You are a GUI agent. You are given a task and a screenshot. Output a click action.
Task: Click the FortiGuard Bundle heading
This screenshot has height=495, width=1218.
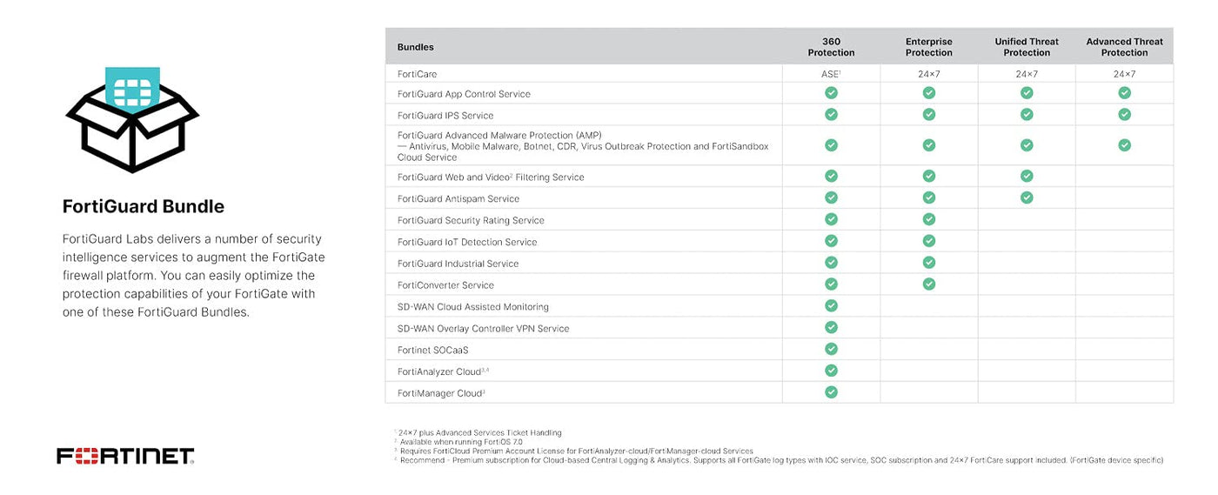tap(144, 207)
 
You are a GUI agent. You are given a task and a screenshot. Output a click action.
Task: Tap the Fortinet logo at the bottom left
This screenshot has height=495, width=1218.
tap(125, 456)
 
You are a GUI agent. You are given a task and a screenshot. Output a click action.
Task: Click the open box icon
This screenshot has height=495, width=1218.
tap(132, 118)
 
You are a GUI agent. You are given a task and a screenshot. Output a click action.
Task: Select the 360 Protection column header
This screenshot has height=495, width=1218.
tap(831, 47)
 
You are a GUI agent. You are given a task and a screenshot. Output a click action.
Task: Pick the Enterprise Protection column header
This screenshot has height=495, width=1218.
tap(928, 47)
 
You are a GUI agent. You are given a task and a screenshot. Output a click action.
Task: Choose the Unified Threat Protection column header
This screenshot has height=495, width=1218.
tap(1027, 47)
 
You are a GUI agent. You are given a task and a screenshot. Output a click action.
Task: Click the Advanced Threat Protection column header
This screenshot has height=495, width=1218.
tap(1124, 47)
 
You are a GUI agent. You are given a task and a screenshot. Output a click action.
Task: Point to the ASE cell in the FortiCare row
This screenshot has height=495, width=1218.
tap(831, 74)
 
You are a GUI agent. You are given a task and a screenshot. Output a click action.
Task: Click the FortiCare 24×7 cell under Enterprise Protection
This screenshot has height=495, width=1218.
tap(928, 74)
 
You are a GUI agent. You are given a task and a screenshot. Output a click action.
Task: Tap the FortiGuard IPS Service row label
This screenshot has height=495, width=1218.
tap(445, 116)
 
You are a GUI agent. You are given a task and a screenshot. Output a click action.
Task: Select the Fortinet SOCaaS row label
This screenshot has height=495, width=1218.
tap(432, 351)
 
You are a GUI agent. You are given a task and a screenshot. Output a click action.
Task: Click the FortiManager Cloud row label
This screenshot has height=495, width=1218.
tap(440, 393)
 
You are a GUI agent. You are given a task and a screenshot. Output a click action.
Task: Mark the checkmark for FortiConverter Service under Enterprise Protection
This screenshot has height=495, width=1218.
tap(928, 284)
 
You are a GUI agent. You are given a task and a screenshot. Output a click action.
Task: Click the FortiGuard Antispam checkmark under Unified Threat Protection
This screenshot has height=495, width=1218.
tap(1027, 197)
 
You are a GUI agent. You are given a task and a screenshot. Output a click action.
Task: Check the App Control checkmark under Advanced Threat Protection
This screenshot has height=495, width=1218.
tap(1124, 92)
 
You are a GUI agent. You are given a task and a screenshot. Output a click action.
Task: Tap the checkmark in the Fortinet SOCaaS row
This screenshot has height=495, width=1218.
tap(831, 349)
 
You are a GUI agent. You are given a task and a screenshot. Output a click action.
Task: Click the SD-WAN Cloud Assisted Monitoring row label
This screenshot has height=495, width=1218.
tap(473, 307)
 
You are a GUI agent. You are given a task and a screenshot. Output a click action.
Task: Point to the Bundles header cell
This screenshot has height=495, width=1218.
tap(416, 47)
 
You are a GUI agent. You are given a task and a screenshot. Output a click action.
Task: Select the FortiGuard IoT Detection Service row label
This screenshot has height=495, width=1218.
tap(467, 242)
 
